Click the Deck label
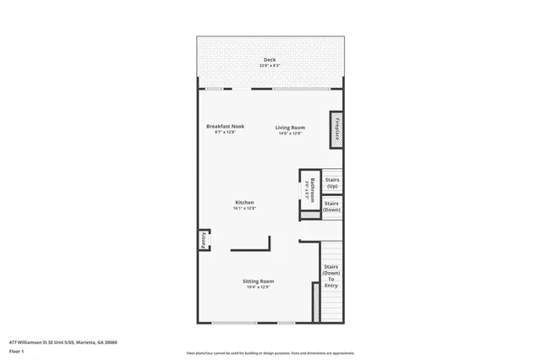pyautogui.click(x=270, y=59)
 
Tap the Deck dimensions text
pyautogui.click(x=270, y=65)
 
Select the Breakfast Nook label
pyautogui.click(x=225, y=127)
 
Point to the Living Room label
pyautogui.click(x=289, y=127)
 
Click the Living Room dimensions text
pyautogui.click(x=289, y=133)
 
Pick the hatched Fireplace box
pyautogui.click(x=336, y=130)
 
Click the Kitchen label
pyautogui.click(x=244, y=202)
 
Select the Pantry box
pyautogui.click(x=204, y=240)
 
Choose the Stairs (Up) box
pyautogui.click(x=332, y=183)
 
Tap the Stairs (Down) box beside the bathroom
pyautogui.click(x=332, y=206)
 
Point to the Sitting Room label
pyautogui.click(x=260, y=281)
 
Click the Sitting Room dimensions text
pyautogui.click(x=260, y=286)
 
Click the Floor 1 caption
pyautogui.click(x=16, y=351)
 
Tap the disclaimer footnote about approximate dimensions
pyautogui.click(x=270, y=353)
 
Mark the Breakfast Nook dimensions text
pyautogui.click(x=225, y=133)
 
